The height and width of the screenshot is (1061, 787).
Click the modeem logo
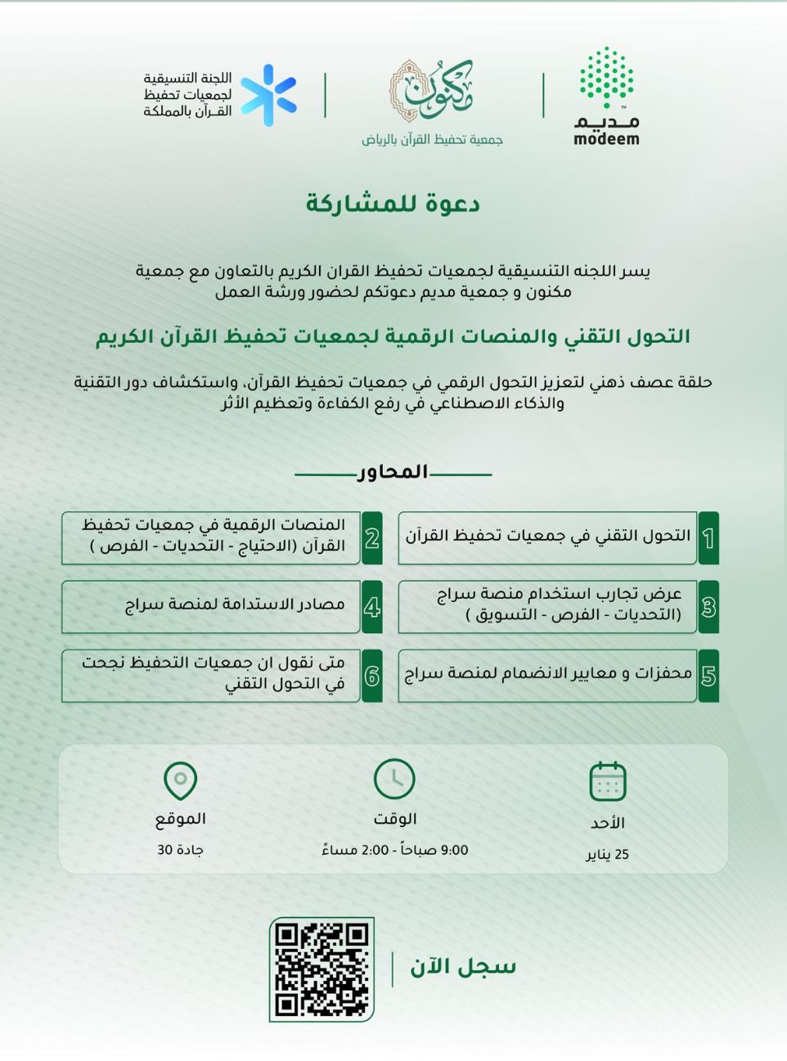[606, 96]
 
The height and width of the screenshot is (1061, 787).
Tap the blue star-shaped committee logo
[268, 96]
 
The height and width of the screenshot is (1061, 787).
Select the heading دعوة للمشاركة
[393, 204]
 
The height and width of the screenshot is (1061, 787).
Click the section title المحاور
[393, 472]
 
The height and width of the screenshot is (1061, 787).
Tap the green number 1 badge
[708, 538]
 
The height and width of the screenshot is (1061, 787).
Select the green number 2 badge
[372, 538]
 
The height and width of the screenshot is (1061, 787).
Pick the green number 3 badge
[708, 607]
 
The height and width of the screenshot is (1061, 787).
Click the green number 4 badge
[372, 607]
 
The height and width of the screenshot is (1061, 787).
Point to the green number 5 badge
[708, 676]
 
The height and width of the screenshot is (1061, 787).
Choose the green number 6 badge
[372, 676]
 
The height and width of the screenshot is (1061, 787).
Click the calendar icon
[607, 781]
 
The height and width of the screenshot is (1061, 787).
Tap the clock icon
[394, 779]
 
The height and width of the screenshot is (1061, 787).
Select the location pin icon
[180, 780]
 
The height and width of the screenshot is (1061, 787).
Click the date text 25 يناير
[607, 855]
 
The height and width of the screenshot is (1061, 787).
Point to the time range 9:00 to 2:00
[394, 850]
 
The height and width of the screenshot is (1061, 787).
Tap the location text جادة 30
[180, 850]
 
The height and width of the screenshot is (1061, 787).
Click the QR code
[322, 969]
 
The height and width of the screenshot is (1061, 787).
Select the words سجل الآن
[463, 967]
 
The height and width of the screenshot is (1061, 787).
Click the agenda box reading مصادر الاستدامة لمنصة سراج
[211, 607]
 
